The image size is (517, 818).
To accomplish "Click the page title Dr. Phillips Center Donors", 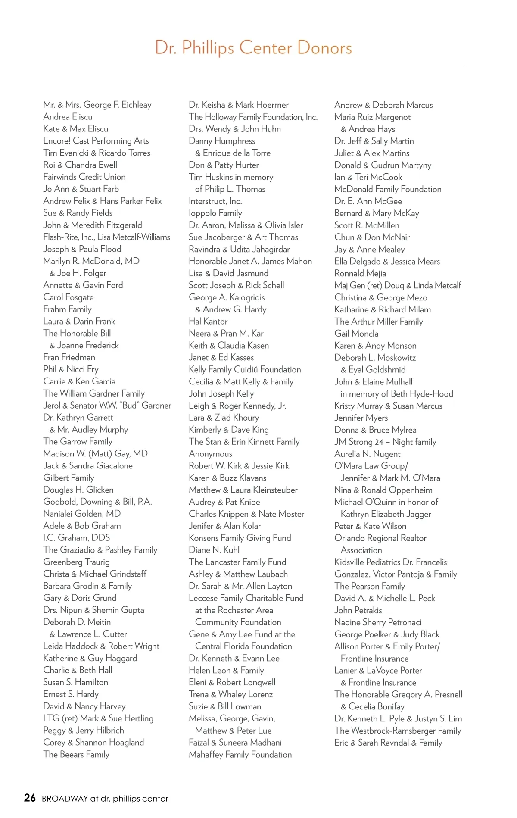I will coord(253,47).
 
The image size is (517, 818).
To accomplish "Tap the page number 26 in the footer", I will coord(30,798).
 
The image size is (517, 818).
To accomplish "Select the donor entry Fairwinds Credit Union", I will coord(84,177).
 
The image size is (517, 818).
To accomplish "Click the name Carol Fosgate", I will coord(69,297).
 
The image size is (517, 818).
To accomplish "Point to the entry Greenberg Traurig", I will coord(76,562).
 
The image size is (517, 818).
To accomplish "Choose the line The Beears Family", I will coord(76,754).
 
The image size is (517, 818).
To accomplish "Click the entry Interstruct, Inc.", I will coord(215,201).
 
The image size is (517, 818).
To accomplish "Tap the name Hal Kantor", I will coord(208,321).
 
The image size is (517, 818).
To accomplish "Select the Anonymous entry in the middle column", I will coord(210,454).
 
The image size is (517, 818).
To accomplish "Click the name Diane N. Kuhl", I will coord(214,550).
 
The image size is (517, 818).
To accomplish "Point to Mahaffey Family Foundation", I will coord(240,754).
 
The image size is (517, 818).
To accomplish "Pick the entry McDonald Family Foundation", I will coord(388,189).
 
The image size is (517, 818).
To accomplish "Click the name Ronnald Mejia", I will coord(360,273).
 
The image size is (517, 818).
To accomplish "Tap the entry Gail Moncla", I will coord(356,334).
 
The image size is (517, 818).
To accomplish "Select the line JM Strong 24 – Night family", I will coord(385,442).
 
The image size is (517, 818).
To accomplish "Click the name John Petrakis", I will coord(358,610).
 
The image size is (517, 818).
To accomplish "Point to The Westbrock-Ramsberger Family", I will coord(398,731).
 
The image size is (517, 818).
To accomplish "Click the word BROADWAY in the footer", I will coord(65,799).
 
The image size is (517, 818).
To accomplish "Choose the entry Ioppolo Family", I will coord(215,213).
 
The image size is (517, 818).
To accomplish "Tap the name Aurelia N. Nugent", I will coord(368,454).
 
